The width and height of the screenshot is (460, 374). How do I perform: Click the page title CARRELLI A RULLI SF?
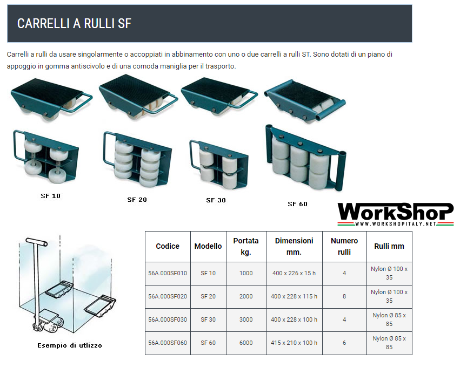coord(74,23)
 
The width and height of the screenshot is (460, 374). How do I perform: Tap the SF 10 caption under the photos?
coord(50,196)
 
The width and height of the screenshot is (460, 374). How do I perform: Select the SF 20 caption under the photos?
coord(137,200)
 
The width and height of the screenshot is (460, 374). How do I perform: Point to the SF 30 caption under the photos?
coord(216,200)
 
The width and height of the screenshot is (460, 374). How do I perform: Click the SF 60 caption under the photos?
coord(297,204)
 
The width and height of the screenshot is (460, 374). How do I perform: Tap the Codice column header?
coord(168,246)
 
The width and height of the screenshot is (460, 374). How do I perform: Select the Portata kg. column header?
coord(246,246)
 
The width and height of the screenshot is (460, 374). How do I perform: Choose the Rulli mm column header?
coord(389,246)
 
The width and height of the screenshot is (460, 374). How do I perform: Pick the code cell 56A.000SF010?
coord(168,273)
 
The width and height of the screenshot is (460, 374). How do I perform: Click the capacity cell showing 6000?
coord(246,343)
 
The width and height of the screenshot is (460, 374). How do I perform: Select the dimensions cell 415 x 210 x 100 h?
coord(294,343)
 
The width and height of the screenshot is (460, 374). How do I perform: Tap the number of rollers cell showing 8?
coord(344,296)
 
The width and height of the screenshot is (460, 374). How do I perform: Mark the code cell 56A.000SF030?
coord(168,319)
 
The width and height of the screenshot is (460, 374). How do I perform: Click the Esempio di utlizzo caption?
coord(70,345)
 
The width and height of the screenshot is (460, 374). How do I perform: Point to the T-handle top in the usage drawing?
coord(36,242)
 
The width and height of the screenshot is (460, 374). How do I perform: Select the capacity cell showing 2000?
coord(246,296)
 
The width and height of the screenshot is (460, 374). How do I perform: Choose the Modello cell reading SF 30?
coord(208,319)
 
